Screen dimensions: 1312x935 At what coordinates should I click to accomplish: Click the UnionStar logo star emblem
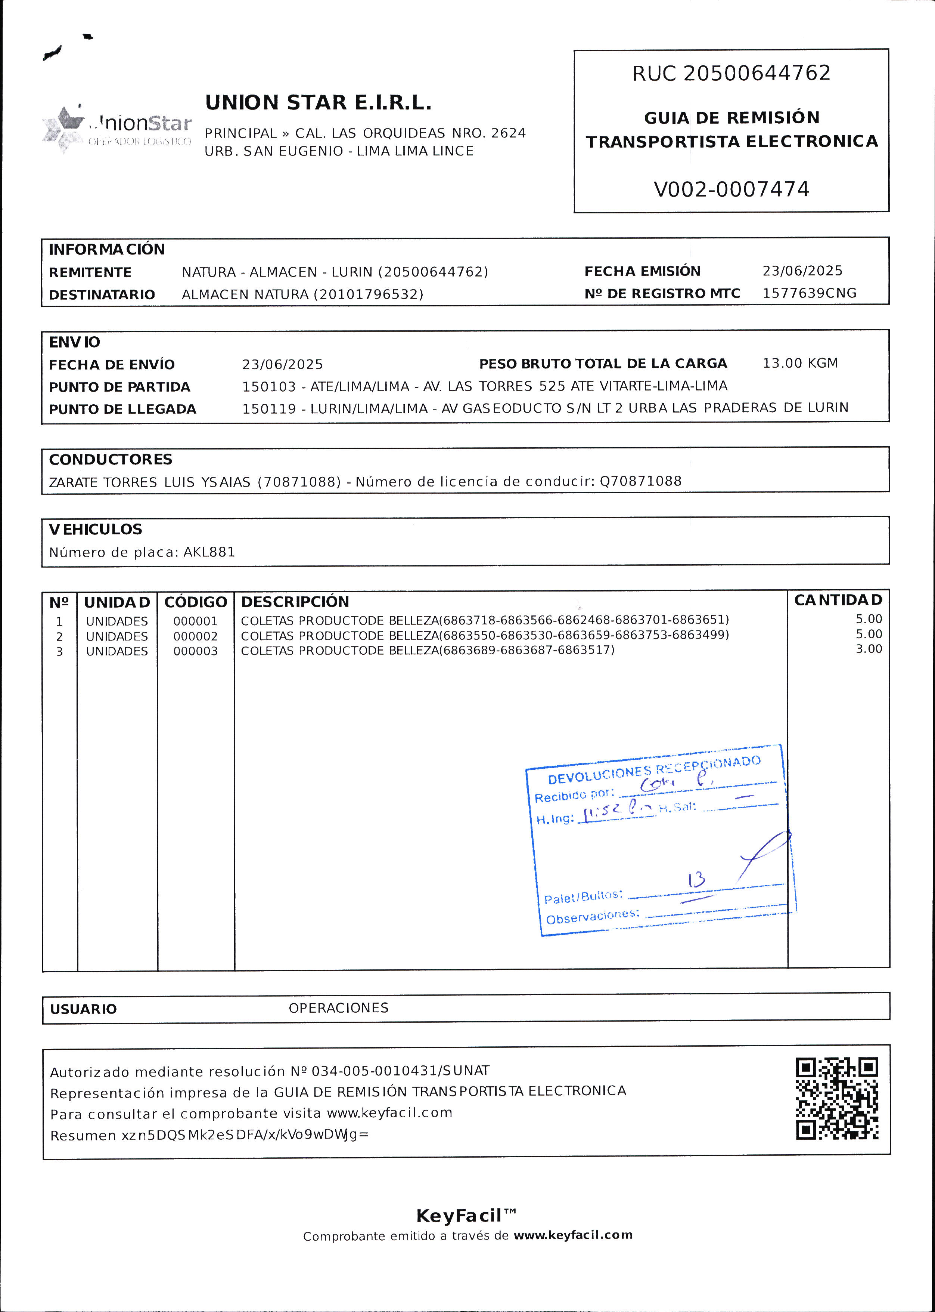[63, 128]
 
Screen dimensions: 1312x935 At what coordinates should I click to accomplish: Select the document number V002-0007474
[731, 189]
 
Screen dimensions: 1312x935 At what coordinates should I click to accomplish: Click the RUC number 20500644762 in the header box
[757, 73]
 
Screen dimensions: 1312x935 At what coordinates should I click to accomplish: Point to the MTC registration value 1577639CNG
[809, 293]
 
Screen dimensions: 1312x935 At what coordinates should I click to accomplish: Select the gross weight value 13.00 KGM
[800, 363]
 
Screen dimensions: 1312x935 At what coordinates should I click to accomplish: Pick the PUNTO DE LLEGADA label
[122, 409]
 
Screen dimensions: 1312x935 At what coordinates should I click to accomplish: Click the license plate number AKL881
[209, 552]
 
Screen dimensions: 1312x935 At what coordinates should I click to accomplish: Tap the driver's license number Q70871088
[640, 481]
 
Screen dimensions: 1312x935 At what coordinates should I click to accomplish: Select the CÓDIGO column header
[196, 602]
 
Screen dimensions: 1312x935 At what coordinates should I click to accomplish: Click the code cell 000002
[196, 636]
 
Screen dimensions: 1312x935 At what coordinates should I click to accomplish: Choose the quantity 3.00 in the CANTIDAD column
[869, 649]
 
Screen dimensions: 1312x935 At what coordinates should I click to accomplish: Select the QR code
[837, 1099]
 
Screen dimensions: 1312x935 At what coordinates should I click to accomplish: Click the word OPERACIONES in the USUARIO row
[339, 1008]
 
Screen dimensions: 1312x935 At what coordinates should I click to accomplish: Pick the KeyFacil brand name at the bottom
[459, 1216]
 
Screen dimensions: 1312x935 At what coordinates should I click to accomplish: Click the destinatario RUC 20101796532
[369, 294]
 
